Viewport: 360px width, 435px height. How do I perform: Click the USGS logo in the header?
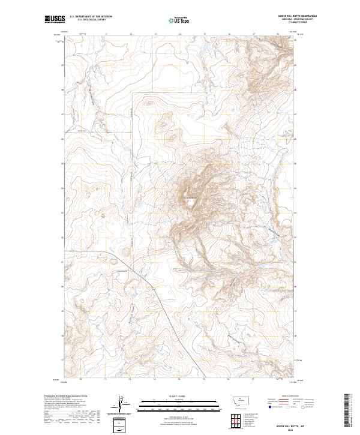click(x=52, y=19)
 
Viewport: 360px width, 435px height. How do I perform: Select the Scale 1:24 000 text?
click(x=179, y=395)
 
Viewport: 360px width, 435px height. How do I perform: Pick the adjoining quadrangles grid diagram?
click(x=235, y=418)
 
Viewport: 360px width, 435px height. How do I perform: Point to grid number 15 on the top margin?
click(x=204, y=34)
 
